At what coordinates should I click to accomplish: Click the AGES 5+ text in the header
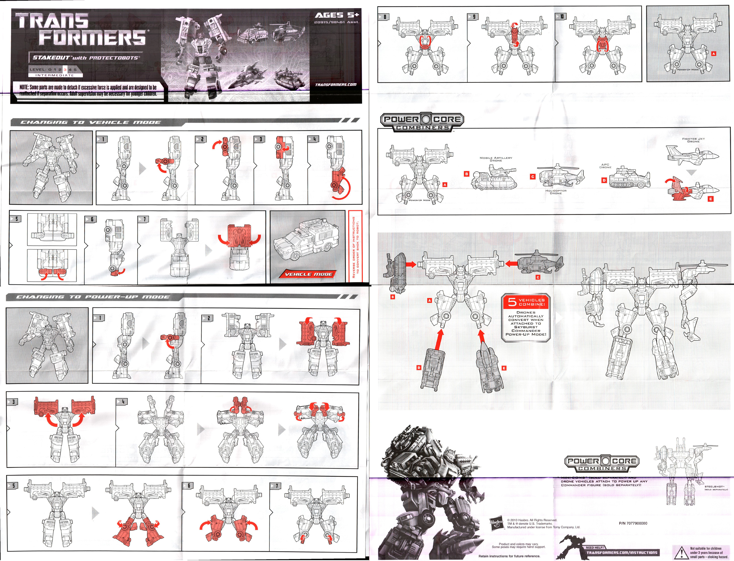[337, 15]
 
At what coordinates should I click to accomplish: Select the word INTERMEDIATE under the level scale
[54, 75]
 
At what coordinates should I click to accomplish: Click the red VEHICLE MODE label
[309, 274]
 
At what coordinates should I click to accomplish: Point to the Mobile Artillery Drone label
[496, 159]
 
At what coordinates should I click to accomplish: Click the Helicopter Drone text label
[556, 192]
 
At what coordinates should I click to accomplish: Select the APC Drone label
[605, 166]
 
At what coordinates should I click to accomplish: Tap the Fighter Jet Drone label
[693, 140]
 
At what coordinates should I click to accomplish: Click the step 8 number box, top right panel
[385, 17]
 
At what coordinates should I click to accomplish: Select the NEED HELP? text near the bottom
[595, 547]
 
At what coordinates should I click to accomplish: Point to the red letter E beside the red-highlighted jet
[711, 199]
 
